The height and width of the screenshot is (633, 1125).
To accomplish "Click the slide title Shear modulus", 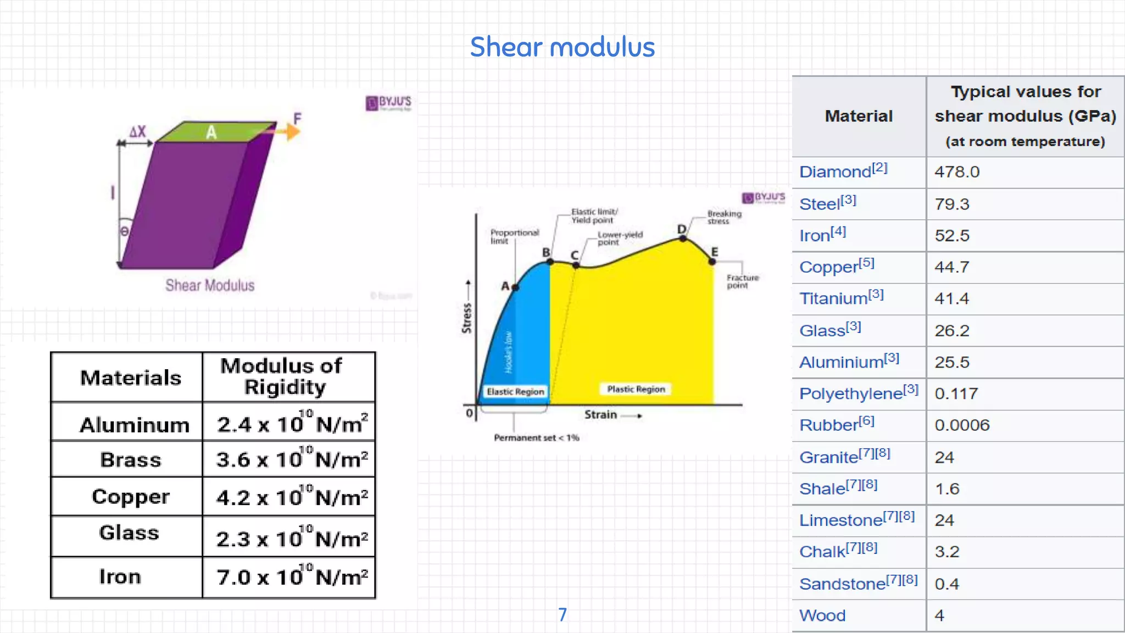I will click(562, 47).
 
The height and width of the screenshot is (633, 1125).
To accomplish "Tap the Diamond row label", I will click(836, 172).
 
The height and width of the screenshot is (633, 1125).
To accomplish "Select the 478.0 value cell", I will click(957, 172).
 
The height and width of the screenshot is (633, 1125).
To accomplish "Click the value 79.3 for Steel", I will click(952, 204).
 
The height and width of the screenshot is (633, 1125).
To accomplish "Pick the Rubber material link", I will click(828, 425).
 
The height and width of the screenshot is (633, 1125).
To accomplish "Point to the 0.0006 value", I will click(962, 425).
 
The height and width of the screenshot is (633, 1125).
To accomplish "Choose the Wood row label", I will click(822, 615).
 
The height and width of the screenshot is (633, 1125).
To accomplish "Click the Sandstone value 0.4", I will click(946, 584).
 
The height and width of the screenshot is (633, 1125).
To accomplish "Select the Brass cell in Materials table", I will click(131, 459).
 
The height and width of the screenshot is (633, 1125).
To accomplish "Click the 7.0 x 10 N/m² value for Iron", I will click(292, 577).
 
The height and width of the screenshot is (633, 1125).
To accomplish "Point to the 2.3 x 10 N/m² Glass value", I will click(292, 538).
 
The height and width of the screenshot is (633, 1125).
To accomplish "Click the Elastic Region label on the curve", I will click(515, 392).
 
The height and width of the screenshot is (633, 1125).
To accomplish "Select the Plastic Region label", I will click(636, 389).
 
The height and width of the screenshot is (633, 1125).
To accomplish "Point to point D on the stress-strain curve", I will click(683, 238).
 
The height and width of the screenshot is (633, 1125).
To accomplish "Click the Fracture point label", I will click(742, 281).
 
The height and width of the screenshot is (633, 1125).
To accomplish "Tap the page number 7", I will click(562, 614).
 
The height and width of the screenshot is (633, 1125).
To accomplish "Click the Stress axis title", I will click(467, 318).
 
